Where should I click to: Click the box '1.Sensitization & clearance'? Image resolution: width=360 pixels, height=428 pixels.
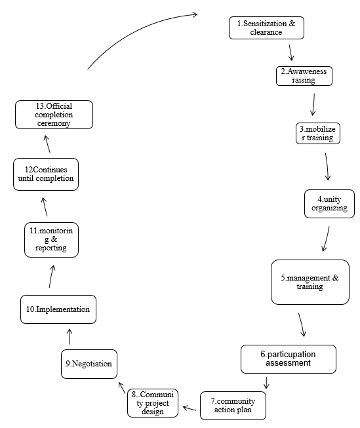click(x=266, y=28)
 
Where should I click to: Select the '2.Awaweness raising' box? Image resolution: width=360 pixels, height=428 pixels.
click(x=304, y=75)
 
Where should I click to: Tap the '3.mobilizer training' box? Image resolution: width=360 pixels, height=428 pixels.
click(x=317, y=133)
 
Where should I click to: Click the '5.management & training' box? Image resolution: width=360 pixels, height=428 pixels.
click(x=310, y=282)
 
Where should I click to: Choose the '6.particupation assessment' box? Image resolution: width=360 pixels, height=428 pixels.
click(x=288, y=359)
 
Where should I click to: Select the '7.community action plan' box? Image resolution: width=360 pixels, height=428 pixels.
click(x=233, y=406)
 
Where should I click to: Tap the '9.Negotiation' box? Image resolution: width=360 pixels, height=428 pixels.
click(x=89, y=364)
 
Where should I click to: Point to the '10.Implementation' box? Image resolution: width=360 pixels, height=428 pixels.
click(x=58, y=309)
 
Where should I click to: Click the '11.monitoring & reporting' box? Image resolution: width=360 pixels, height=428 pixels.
click(x=52, y=239)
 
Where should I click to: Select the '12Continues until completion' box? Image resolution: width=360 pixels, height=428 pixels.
click(x=46, y=174)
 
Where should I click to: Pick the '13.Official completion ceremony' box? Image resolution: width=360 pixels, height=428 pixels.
click(x=54, y=115)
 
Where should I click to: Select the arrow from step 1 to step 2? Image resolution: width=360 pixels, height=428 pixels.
click(x=290, y=52)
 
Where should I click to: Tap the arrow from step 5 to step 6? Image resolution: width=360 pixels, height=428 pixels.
click(x=302, y=325)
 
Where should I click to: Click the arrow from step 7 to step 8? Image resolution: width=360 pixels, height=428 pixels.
click(x=190, y=408)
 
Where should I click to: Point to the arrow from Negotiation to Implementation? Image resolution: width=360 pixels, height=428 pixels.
click(x=70, y=337)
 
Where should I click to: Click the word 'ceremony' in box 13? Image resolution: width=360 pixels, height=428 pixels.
click(x=54, y=123)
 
